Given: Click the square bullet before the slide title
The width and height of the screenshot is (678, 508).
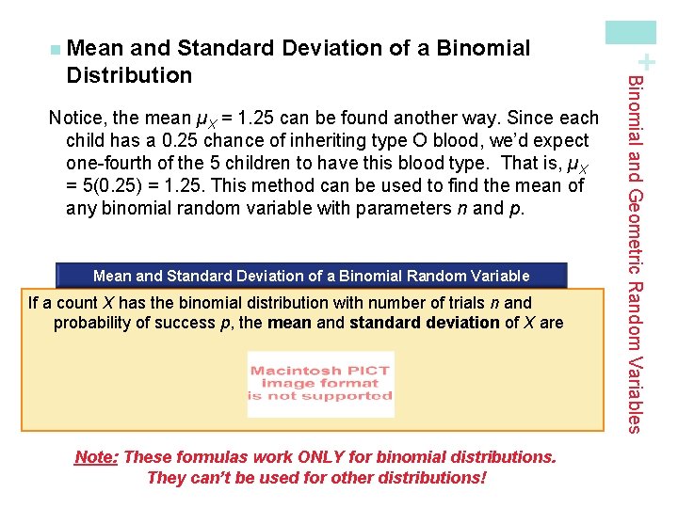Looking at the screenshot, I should tap(56, 49).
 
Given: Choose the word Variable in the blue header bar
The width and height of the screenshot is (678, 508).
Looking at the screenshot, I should tap(500, 277).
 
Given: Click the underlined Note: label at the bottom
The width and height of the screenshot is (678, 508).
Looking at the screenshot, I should tap(96, 457).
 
